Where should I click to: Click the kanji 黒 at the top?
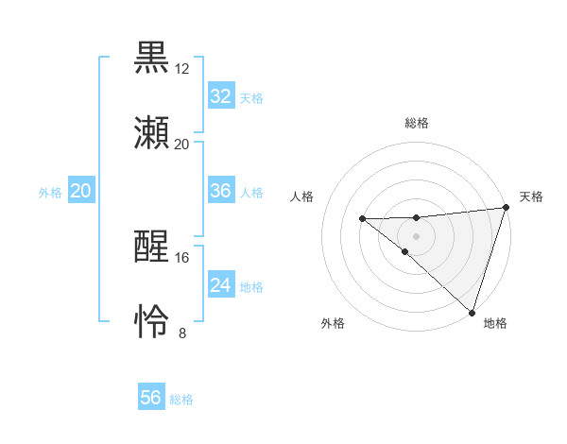(152, 56)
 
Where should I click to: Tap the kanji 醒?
(152, 247)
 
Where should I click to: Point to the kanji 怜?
(152, 322)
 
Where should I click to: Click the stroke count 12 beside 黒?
(182, 69)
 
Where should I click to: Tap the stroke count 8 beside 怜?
(182, 333)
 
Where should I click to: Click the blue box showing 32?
(220, 96)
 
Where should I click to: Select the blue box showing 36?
(220, 191)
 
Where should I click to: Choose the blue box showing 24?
(220, 285)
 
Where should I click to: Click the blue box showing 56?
(150, 398)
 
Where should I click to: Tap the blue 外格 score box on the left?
(80, 192)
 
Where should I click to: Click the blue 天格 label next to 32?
(251, 98)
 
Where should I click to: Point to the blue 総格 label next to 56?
(181, 400)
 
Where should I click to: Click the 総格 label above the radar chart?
(417, 124)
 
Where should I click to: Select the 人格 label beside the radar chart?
(302, 196)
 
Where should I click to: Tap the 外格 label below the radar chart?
(333, 323)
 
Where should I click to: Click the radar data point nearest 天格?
(506, 208)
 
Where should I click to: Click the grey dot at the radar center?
(416, 235)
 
